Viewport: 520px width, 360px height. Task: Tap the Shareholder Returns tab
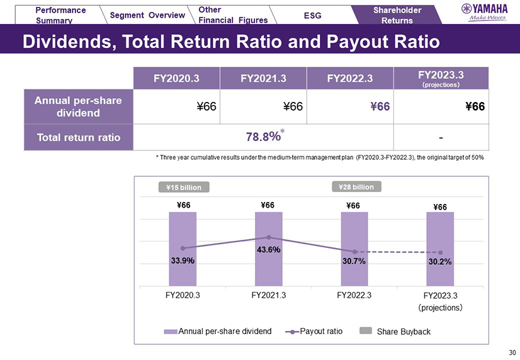pos(396,14)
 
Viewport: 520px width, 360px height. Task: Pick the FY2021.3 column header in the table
pos(263,78)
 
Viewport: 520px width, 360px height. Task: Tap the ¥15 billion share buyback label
pos(183,186)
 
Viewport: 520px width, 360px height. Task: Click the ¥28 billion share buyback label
pos(356,186)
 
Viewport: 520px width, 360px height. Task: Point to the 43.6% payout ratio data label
pos(268,250)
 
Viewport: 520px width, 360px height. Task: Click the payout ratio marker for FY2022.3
pos(354,252)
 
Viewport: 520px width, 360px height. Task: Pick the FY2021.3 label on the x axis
pos(269,294)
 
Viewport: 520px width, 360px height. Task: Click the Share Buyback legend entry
pos(396,331)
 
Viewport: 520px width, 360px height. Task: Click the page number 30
pos(511,351)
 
